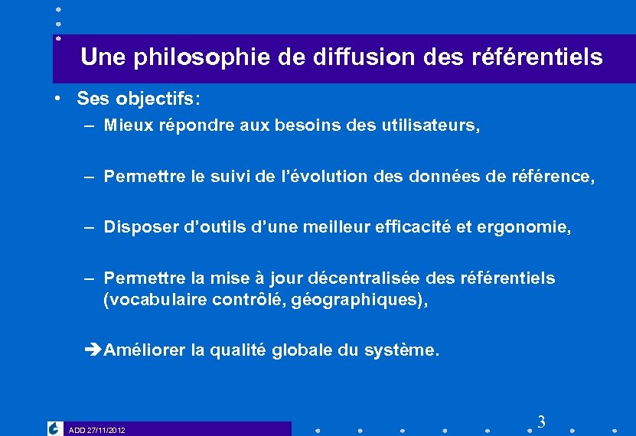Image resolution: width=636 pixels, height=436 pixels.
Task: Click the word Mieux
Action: tap(127, 125)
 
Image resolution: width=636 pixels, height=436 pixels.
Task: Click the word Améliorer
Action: tap(145, 350)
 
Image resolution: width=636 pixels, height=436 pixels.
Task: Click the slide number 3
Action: tap(541, 421)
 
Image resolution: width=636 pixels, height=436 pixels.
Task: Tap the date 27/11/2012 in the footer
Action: tap(106, 430)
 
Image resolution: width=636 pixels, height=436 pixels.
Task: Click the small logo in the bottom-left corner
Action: tap(54, 429)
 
